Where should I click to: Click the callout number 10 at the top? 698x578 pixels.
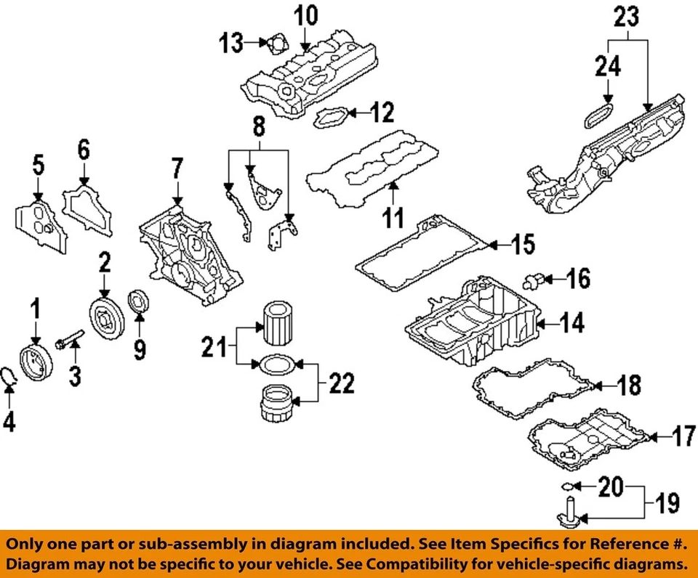pos(306,15)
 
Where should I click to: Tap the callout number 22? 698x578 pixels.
pos(341,383)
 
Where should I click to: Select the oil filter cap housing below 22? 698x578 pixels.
pos(277,407)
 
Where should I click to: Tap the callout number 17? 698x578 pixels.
pos(683,437)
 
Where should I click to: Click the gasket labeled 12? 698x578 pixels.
pos(331,118)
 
